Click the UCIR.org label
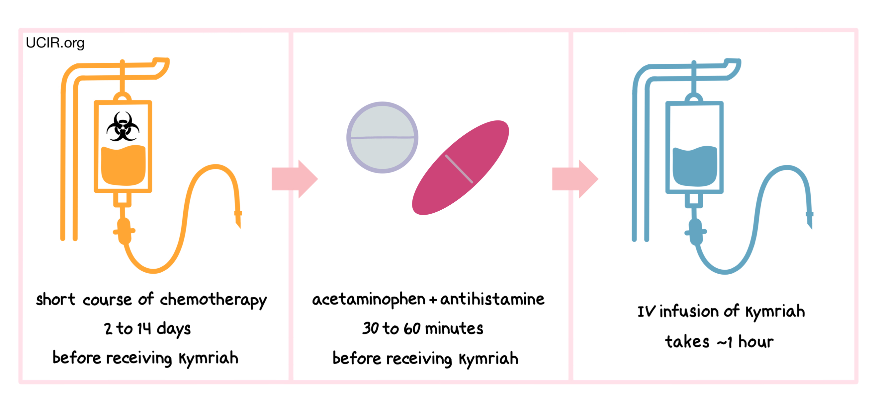point(55,43)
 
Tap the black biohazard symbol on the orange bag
point(123,127)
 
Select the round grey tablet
point(382,138)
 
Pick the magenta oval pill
point(460,168)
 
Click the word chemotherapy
point(214,300)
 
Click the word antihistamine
point(492,299)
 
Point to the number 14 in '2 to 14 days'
point(144,329)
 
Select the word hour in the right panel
point(756,342)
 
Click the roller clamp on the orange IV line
point(124,231)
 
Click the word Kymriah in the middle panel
point(488,359)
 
